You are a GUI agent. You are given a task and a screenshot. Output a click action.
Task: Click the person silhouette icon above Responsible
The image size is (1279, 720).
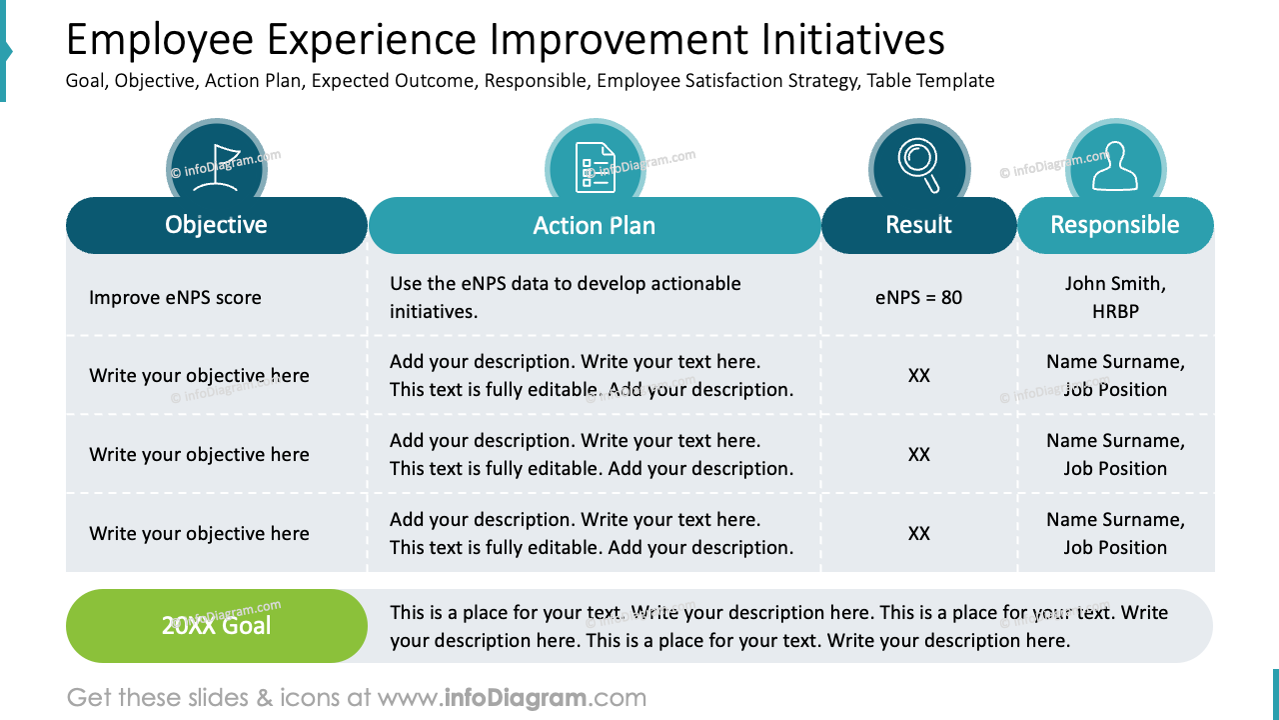tap(1114, 167)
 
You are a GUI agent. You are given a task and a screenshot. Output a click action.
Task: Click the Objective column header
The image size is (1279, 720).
tap(216, 225)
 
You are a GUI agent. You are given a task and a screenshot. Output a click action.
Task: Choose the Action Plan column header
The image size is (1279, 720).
tap(595, 225)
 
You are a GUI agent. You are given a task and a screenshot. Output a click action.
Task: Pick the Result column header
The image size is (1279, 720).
tap(918, 225)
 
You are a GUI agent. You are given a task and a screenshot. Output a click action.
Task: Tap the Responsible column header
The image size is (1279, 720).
tap(1114, 225)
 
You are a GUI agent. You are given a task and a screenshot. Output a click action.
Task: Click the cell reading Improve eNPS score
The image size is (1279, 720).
tap(175, 297)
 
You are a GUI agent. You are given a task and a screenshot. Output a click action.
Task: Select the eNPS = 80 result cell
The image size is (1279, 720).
tap(918, 297)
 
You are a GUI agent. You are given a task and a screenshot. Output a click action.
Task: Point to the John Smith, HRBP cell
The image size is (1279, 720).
tap(1114, 297)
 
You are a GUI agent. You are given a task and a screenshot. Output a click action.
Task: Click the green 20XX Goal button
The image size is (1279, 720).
tap(216, 626)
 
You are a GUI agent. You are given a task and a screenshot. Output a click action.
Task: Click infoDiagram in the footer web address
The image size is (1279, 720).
tap(516, 698)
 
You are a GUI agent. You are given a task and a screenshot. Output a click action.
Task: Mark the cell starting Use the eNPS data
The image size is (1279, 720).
tap(565, 297)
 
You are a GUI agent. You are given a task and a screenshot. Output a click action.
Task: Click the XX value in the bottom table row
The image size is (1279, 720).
tap(918, 534)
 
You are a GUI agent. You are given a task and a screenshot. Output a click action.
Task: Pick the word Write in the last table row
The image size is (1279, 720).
tap(112, 534)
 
